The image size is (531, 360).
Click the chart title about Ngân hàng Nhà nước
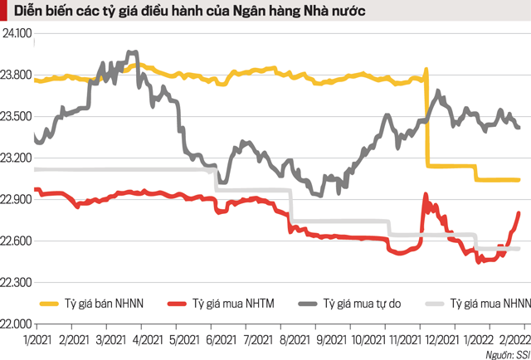pos(183,12)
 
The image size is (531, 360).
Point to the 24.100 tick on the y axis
pos(17,34)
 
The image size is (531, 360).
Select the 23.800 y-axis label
pos(17,75)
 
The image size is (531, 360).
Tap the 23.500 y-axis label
pos(17,117)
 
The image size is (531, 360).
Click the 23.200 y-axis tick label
pos(17,158)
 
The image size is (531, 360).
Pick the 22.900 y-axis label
pos(17,200)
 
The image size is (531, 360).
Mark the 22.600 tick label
pos(17,241)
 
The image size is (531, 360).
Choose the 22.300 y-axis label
pos(17,283)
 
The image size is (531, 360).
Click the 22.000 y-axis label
pos(17,324)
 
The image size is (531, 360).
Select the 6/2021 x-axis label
pos(223,340)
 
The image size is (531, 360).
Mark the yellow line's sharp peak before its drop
pos(426,70)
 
